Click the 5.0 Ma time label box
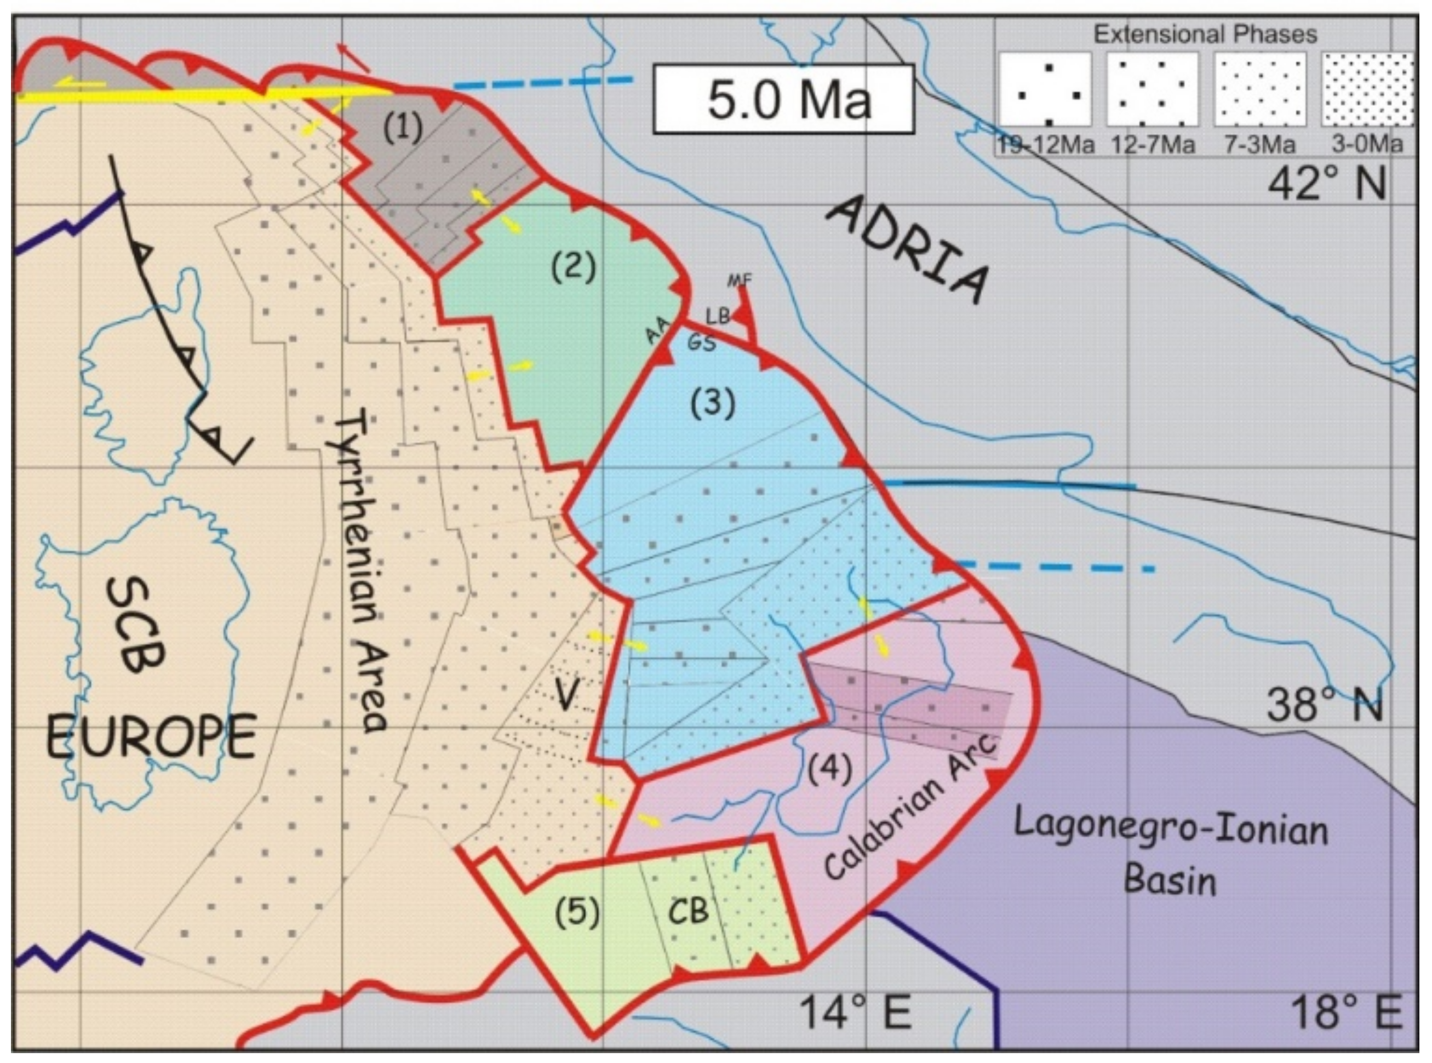click(x=783, y=99)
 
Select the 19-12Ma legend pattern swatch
click(x=1045, y=89)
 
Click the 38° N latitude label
click(x=1325, y=706)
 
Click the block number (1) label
click(x=403, y=129)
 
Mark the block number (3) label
click(x=712, y=403)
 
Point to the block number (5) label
click(x=576, y=912)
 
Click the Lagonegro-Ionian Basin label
click(x=1171, y=853)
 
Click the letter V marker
click(x=565, y=695)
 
